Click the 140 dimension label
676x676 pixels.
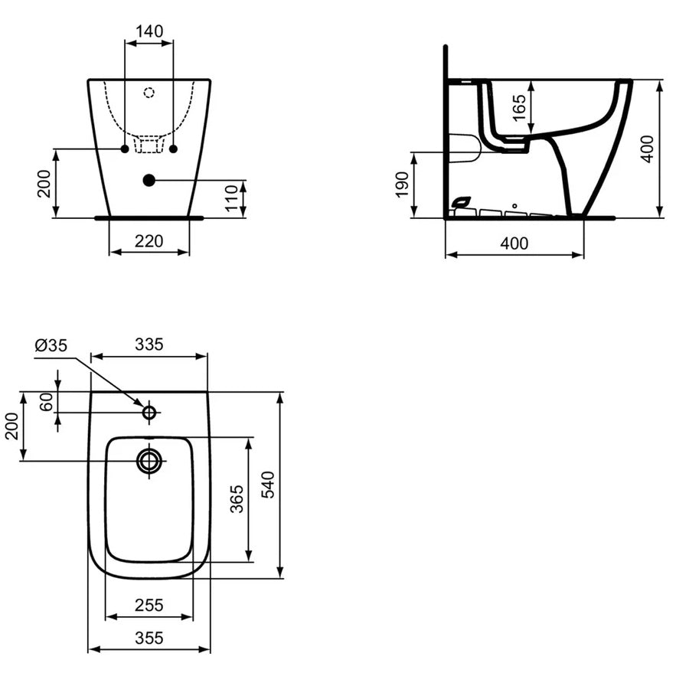(149, 31)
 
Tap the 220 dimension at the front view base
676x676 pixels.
(149, 241)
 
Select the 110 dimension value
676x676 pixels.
(231, 198)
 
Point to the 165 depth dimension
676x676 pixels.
(519, 107)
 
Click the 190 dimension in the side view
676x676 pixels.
(402, 185)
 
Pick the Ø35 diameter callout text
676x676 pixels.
(51, 345)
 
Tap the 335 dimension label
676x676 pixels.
(149, 345)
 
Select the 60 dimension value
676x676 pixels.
(47, 402)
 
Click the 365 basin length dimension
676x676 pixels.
(237, 499)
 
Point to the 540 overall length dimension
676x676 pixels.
(268, 485)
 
